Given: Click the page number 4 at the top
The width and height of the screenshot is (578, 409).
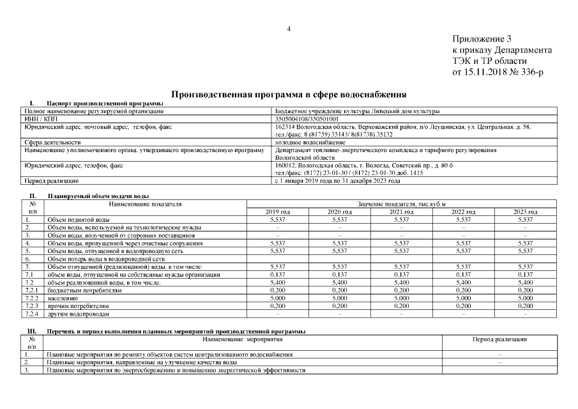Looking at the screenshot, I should [x=289, y=29].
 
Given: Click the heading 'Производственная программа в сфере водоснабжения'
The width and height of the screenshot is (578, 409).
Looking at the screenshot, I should [x=289, y=93].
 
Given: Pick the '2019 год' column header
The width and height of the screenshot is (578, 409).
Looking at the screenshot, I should [x=277, y=212].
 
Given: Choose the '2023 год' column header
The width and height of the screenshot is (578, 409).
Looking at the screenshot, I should [x=525, y=212].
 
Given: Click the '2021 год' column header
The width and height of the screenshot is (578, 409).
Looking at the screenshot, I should [x=401, y=212].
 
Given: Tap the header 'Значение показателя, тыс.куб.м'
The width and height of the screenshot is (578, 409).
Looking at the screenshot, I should [x=401, y=204].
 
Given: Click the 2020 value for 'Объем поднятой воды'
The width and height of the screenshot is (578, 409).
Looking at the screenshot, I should [x=339, y=219].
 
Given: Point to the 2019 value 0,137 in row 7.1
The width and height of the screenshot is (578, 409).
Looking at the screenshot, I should [x=277, y=275].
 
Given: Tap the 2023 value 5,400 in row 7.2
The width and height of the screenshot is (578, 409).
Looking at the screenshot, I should [x=525, y=282].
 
